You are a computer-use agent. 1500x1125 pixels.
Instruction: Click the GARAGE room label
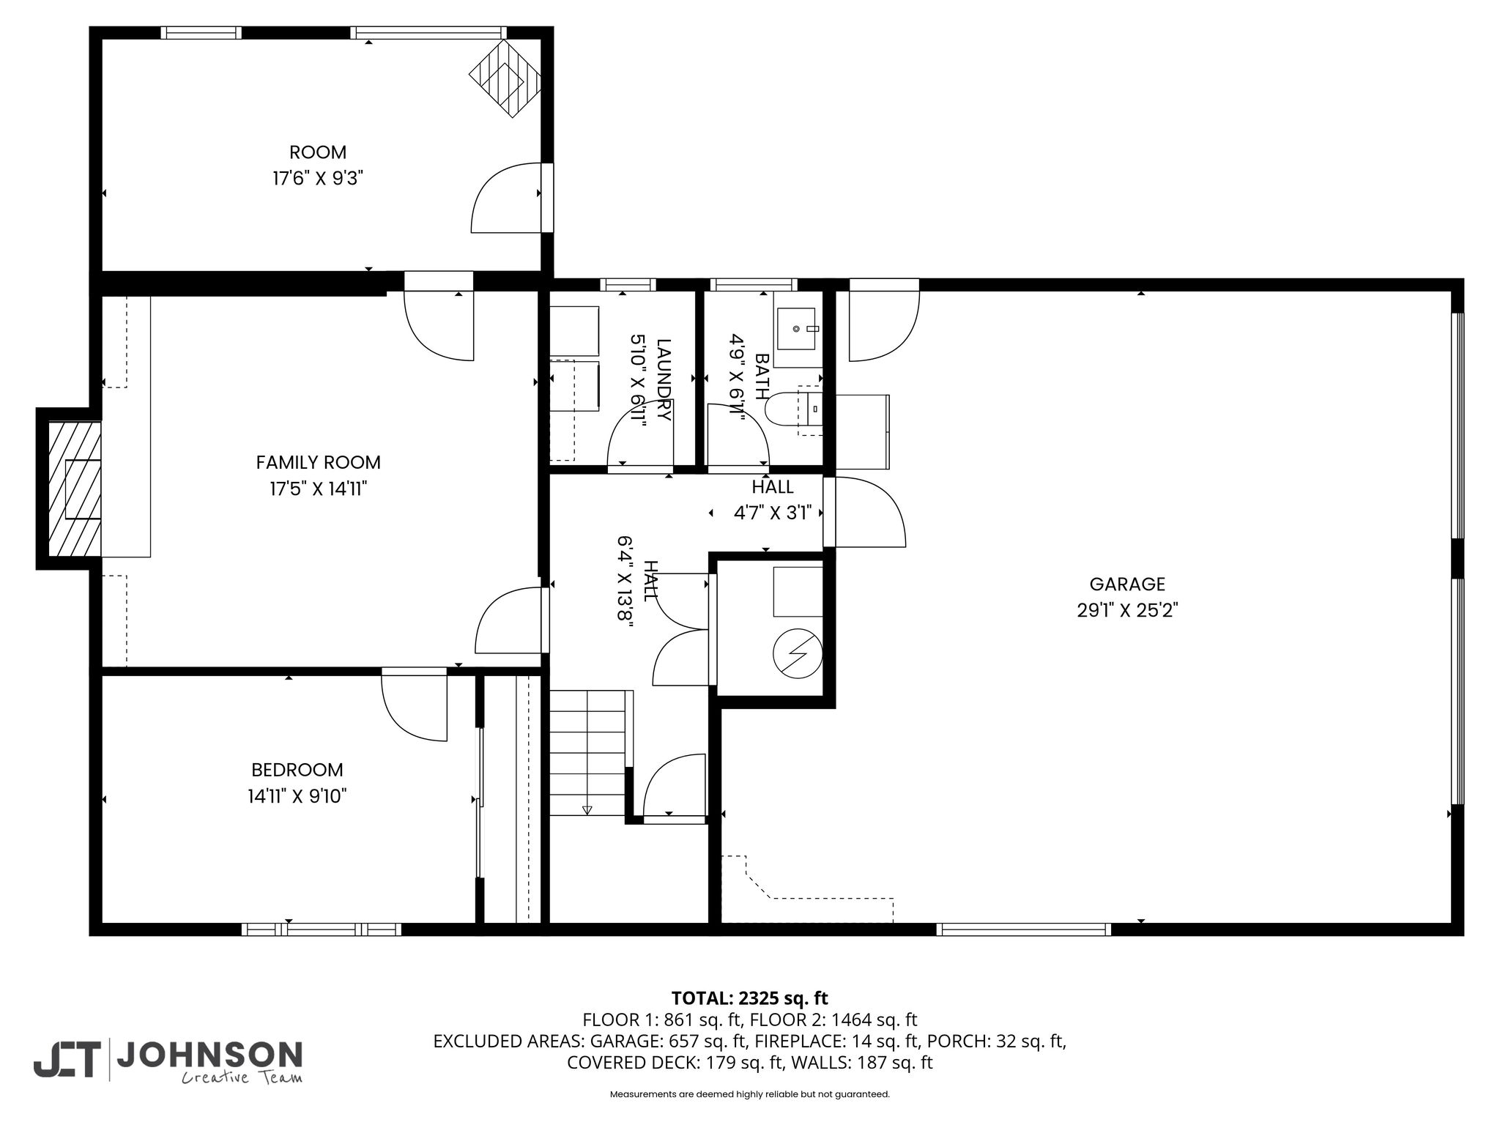click(1126, 584)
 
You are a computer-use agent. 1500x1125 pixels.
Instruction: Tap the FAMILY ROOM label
click(318, 463)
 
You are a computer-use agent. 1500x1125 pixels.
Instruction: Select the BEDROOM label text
click(297, 771)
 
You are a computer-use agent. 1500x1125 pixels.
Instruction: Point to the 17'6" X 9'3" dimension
click(318, 178)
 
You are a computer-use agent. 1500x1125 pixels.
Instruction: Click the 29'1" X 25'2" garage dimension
click(1126, 610)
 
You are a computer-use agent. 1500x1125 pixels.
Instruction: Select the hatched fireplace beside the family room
click(74, 489)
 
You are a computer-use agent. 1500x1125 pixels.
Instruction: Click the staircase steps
click(590, 753)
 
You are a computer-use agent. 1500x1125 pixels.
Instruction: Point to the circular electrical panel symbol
click(798, 653)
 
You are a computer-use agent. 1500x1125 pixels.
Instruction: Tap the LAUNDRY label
click(664, 379)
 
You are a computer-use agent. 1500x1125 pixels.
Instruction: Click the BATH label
click(762, 376)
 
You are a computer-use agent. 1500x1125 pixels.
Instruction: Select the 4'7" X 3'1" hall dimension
click(773, 513)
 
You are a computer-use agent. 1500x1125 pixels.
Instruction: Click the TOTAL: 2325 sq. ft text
click(749, 998)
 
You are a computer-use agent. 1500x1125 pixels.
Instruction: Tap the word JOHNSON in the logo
click(210, 1055)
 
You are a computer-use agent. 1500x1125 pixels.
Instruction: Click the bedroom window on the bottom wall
click(322, 929)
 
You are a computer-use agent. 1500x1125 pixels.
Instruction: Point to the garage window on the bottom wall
click(1023, 929)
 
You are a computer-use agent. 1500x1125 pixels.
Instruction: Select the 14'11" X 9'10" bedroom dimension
click(297, 796)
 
